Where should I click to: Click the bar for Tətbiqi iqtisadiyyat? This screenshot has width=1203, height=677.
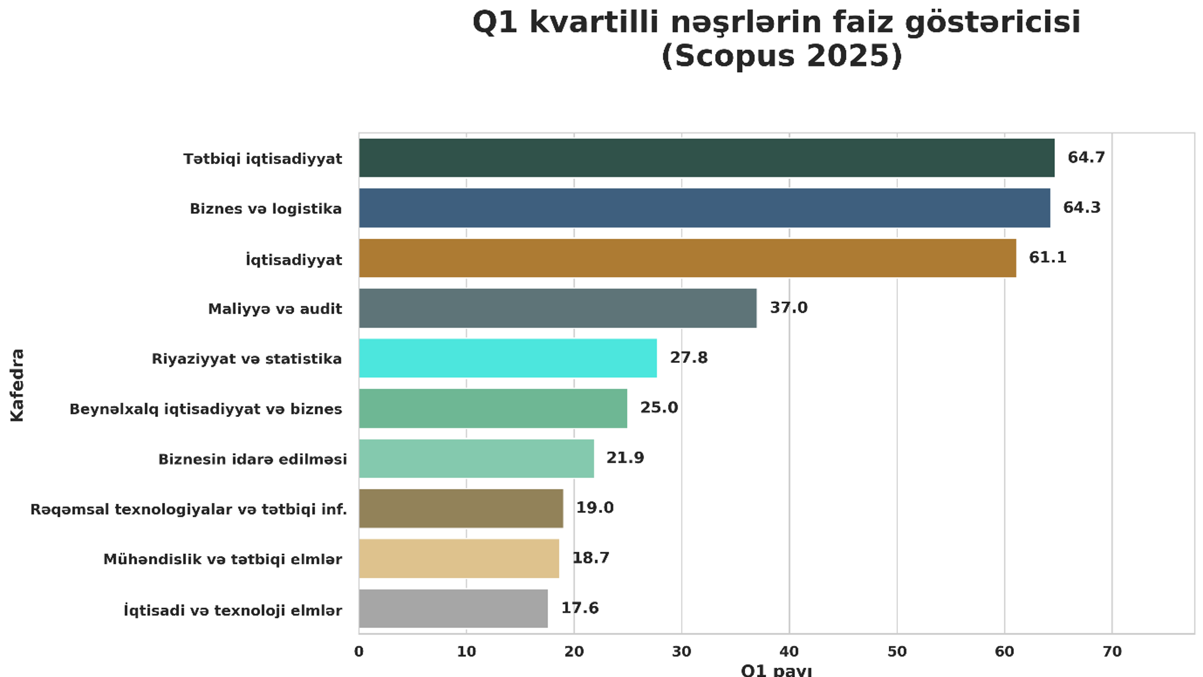706,158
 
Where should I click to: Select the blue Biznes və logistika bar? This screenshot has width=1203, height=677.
704,208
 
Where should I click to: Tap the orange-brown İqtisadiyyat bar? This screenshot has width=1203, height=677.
687,258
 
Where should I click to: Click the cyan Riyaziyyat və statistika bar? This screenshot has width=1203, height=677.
508,358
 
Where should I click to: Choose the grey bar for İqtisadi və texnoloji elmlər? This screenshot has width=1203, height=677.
453,608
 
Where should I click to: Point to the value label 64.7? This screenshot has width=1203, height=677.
1086,157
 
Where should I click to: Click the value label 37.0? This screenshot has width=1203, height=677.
788,307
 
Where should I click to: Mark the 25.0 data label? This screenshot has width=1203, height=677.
659,407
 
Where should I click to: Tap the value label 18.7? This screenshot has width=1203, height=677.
591,557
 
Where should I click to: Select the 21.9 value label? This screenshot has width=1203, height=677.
625,458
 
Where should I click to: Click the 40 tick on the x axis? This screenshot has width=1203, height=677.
789,651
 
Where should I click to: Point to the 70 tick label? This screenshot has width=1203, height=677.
1111,651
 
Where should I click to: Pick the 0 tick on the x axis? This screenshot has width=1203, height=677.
359,651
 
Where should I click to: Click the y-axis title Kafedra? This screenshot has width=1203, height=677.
17,385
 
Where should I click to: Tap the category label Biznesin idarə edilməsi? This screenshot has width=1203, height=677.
252,459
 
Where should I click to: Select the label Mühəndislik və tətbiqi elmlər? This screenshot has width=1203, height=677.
222,559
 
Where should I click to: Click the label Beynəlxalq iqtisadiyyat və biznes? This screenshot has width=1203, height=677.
205,409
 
